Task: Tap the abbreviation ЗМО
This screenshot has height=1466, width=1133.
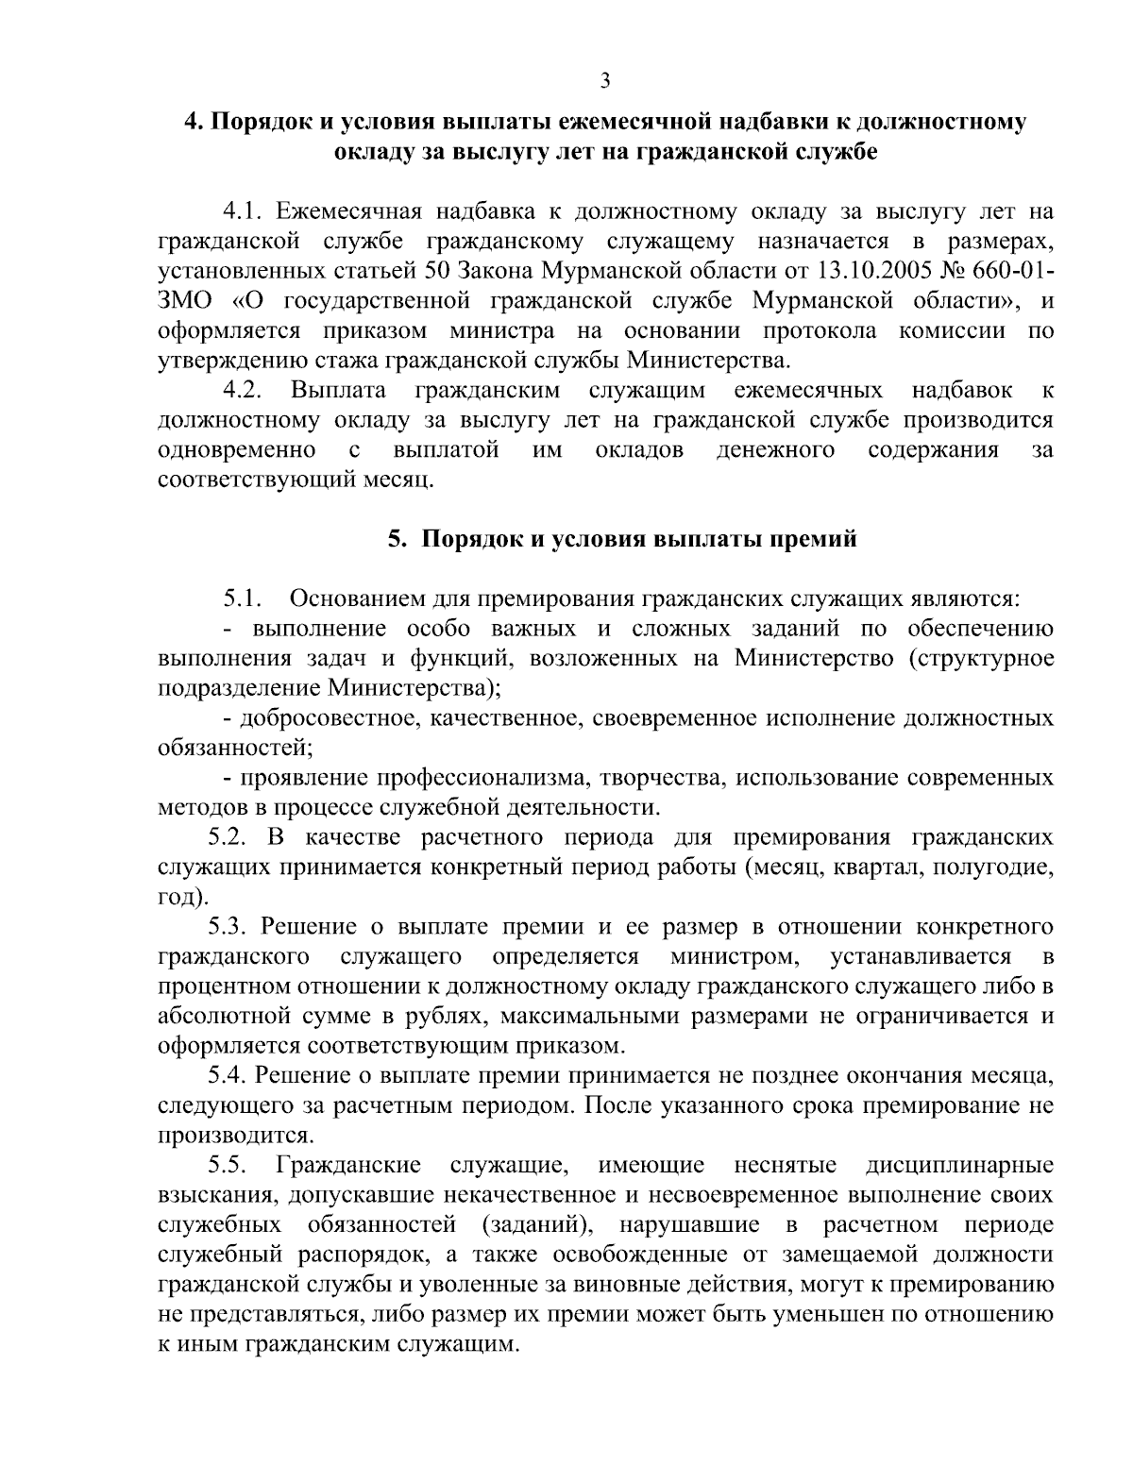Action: [188, 301]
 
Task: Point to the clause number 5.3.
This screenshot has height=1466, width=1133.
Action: [228, 927]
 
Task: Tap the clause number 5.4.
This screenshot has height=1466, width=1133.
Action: [228, 1076]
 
